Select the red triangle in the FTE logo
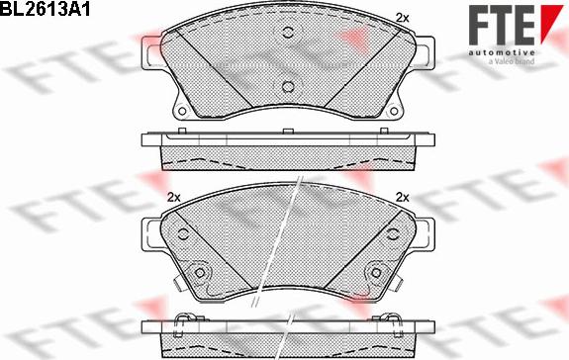tap(548, 20)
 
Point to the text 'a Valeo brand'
tap(512, 61)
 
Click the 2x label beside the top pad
tap(401, 17)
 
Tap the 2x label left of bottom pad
tap(174, 196)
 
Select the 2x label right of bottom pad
tap(402, 196)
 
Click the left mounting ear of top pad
tap(151, 52)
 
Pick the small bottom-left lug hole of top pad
tap(182, 110)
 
